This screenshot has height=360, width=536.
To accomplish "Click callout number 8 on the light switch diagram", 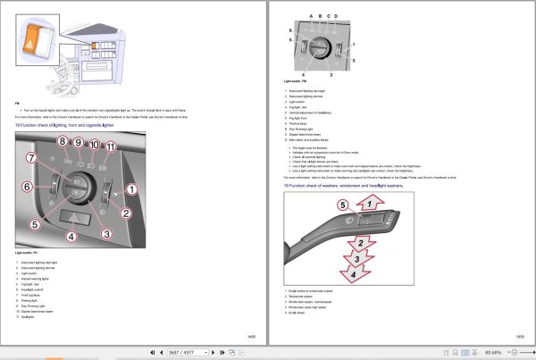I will click(63, 142).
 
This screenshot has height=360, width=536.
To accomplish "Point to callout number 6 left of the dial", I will click(27, 186).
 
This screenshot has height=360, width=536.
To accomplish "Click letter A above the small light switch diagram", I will click(311, 16).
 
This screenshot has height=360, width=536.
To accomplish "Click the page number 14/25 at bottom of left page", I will click(251, 335).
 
